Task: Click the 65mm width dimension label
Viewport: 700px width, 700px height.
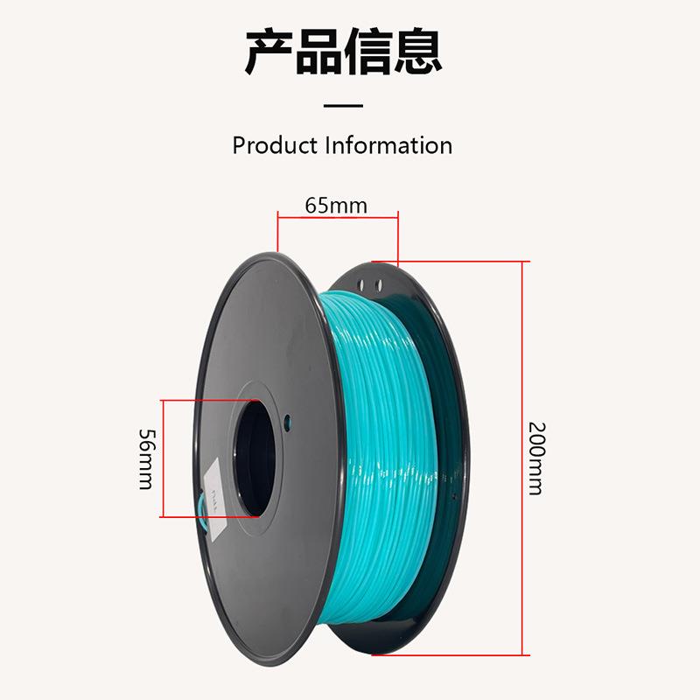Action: [336, 206]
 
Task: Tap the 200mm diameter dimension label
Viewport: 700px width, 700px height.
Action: [535, 458]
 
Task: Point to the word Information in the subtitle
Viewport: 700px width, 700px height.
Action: [388, 145]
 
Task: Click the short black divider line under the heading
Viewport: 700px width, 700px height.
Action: [343, 106]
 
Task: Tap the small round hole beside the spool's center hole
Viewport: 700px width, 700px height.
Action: [289, 418]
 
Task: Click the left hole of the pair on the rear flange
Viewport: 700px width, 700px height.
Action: [367, 283]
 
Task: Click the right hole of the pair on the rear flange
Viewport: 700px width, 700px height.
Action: [378, 284]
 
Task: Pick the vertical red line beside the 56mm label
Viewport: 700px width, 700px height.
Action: [162, 458]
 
